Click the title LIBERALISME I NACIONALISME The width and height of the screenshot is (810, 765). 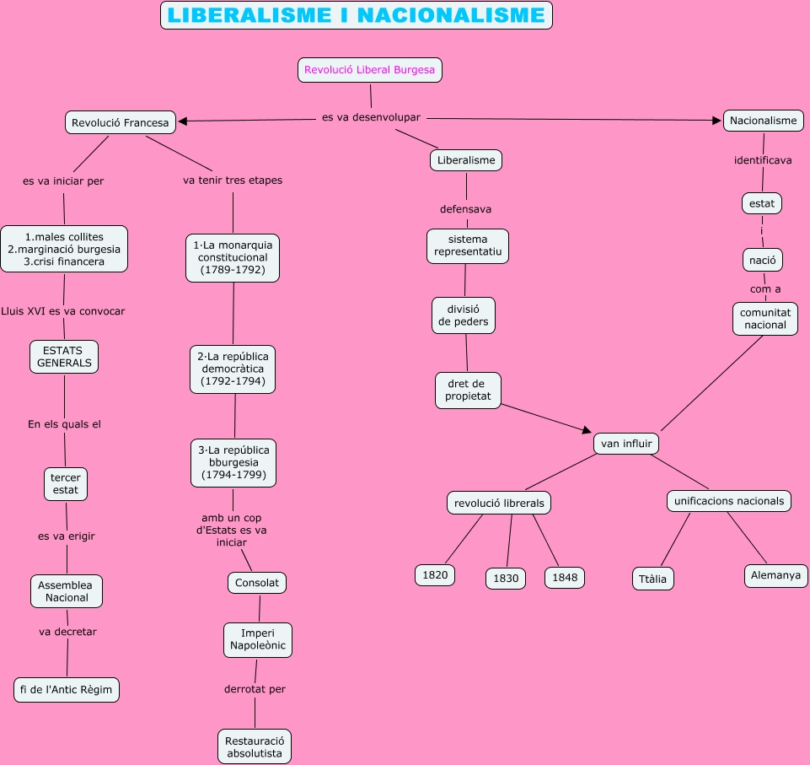pyautogui.click(x=356, y=15)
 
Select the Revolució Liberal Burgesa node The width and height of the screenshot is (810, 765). pyautogui.click(x=369, y=70)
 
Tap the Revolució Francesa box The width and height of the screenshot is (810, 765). pyautogui.click(x=121, y=122)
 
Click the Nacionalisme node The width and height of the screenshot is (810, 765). pyautogui.click(x=763, y=121)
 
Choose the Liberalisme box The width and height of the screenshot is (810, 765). pyautogui.click(x=466, y=159)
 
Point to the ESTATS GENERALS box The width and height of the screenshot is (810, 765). pyautogui.click(x=64, y=356)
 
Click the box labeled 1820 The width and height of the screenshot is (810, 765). pyautogui.click(x=435, y=575)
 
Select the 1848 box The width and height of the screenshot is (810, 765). pyautogui.click(x=565, y=578)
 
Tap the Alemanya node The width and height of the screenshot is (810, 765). pyautogui.click(x=776, y=576)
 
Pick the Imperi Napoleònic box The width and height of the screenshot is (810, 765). pyautogui.click(x=258, y=640)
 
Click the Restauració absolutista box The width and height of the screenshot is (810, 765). pyautogui.click(x=255, y=746)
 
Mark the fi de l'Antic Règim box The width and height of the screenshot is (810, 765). pyautogui.click(x=67, y=690)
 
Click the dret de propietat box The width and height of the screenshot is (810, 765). pyautogui.click(x=468, y=391)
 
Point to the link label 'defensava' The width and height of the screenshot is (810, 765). pyautogui.click(x=465, y=208)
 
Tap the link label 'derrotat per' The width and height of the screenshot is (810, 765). pyautogui.click(x=255, y=689)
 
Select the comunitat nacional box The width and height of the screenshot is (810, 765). pyautogui.click(x=764, y=319)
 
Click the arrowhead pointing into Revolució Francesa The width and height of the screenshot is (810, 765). pyautogui.click(x=183, y=121)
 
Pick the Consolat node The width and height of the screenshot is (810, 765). pyautogui.click(x=257, y=583)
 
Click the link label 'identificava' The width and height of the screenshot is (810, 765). pyautogui.click(x=763, y=160)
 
